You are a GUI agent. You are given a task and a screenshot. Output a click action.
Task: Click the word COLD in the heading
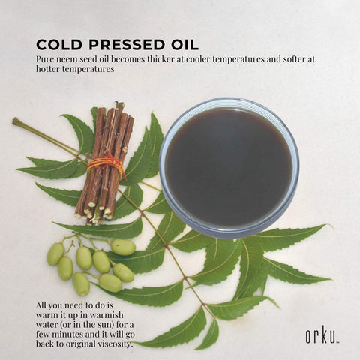[x=59, y=45]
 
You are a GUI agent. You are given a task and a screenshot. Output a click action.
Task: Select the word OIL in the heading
[x=183, y=45]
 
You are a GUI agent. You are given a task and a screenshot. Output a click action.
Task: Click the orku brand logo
[x=322, y=336]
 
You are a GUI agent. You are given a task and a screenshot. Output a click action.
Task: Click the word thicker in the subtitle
[x=162, y=59]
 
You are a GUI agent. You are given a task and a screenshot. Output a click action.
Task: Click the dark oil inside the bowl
[x=229, y=166]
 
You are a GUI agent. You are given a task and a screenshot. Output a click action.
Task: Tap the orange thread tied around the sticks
[x=107, y=163]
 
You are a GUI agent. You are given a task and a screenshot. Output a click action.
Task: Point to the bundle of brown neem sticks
[x=104, y=163]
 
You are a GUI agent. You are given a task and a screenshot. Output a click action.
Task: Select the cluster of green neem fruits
[x=91, y=265]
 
